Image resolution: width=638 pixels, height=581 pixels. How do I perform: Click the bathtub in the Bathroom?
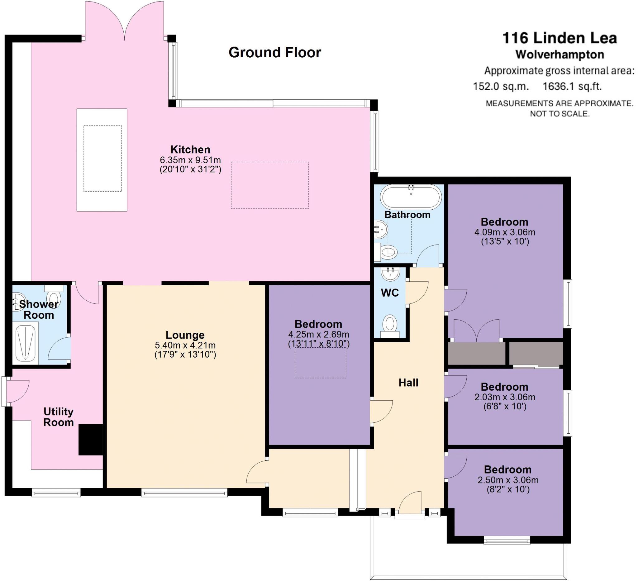pos(411,197)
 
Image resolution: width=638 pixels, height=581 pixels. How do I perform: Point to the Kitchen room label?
pos(190,149)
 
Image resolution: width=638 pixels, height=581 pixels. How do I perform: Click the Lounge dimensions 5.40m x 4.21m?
pos(185,345)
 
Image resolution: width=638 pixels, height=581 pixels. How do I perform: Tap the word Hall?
pos(408,383)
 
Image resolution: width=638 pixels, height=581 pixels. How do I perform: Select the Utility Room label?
pos(59,417)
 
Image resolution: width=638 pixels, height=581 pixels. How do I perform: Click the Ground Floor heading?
pos(275,53)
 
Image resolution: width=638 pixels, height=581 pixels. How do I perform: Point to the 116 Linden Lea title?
pos(559,38)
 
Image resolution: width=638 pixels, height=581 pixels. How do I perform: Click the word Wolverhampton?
pos(559,55)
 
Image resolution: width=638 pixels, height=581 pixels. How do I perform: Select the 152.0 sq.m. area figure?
pos(501,86)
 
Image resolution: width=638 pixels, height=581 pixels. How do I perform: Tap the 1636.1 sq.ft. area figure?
pos(572,86)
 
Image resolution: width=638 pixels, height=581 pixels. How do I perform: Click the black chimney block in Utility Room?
pos(91,440)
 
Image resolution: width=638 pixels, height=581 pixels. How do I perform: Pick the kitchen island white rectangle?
pos(102,160)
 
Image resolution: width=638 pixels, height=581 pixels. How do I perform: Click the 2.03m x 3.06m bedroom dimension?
pos(505,397)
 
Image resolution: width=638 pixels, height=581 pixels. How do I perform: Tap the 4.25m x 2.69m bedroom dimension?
pos(319,334)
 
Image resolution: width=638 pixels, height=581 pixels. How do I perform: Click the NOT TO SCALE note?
pos(559,114)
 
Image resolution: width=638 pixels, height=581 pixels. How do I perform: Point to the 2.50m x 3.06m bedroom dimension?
pos(508,480)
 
